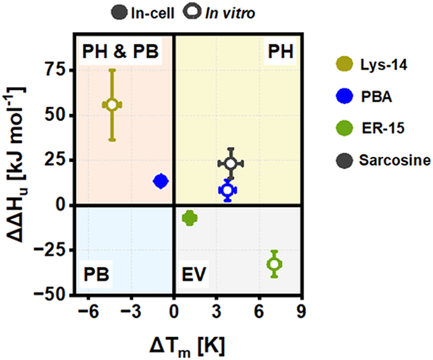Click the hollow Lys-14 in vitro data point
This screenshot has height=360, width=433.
tap(112, 105)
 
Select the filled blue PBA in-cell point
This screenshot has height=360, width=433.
tap(161, 181)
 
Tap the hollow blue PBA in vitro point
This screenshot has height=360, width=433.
tap(227, 190)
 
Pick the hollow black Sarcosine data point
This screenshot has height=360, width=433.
tap(230, 164)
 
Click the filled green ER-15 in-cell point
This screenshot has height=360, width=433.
tap(189, 218)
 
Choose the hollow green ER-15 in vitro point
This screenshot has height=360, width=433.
tap(274, 264)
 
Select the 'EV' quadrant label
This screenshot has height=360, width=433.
tap(195, 273)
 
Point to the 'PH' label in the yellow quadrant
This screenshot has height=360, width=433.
tap(281, 53)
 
